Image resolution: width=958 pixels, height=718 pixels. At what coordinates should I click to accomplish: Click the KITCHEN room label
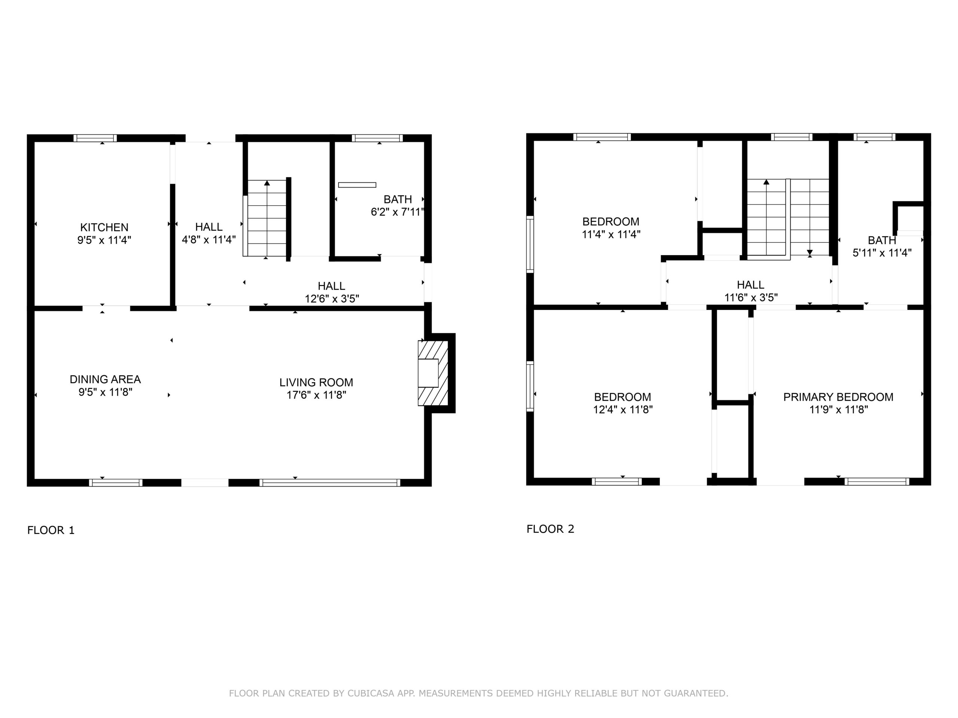(x=104, y=227)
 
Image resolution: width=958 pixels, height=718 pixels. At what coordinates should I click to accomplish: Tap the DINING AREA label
(x=105, y=380)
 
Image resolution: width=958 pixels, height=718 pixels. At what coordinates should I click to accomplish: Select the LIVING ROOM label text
(x=316, y=383)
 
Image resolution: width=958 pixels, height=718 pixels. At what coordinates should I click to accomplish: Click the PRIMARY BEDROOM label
(x=838, y=397)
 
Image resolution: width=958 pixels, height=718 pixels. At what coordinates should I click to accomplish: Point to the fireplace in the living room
(x=433, y=373)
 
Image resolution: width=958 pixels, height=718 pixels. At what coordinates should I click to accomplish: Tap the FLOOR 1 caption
(x=51, y=530)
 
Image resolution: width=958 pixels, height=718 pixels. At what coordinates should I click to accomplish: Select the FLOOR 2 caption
(x=550, y=529)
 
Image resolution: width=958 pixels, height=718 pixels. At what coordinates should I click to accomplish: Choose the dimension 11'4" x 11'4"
(x=611, y=234)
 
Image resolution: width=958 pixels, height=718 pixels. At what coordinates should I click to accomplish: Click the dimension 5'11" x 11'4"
(x=882, y=253)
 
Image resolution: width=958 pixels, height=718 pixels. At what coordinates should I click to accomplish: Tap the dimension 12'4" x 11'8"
(x=623, y=409)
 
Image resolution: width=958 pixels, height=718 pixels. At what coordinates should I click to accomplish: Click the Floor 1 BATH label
(x=397, y=200)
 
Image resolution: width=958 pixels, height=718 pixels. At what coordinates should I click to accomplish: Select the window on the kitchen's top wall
(x=95, y=138)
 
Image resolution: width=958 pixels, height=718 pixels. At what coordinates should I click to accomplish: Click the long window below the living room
(x=330, y=482)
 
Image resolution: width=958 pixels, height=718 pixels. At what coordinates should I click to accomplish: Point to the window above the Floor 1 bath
(x=377, y=138)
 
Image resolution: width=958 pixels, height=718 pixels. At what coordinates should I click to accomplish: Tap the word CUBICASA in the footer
(x=370, y=693)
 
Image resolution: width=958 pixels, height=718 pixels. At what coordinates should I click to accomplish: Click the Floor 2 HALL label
(x=751, y=285)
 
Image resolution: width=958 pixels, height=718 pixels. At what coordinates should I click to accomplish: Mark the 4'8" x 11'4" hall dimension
(x=209, y=239)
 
